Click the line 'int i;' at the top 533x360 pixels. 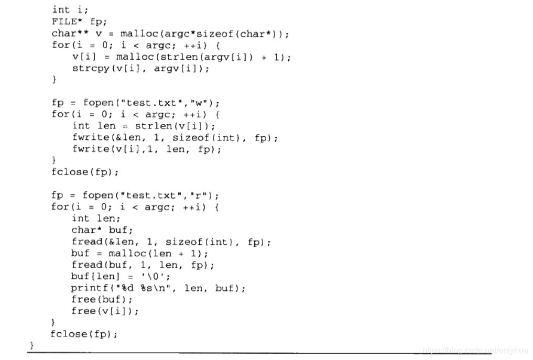tap(70, 9)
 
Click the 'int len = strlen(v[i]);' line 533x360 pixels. tap(144, 126)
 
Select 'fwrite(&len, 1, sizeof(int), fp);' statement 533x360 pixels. tap(175, 137)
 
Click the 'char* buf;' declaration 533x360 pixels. tap(102, 230)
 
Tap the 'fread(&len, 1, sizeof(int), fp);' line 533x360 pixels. tap(171, 242)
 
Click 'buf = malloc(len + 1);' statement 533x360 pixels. tap(139, 253)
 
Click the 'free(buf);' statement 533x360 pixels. tap(102, 299)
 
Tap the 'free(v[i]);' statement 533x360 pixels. tap(105, 311)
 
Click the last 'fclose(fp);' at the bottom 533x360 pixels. tap(84, 334)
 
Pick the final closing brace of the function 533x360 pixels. tap(32, 345)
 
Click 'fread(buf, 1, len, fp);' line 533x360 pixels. tap(143, 265)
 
